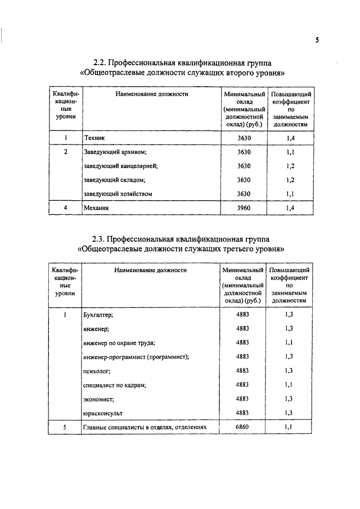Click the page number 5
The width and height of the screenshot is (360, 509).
(x=317, y=39)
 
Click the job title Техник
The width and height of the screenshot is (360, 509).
(x=94, y=138)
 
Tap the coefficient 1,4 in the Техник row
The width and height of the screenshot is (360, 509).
(x=290, y=138)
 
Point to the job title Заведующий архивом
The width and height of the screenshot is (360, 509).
(x=115, y=152)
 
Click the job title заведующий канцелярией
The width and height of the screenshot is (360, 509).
(x=120, y=166)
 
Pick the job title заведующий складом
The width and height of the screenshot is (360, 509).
(x=114, y=180)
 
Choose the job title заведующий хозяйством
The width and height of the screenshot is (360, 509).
(x=118, y=194)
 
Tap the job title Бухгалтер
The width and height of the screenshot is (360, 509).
(x=98, y=314)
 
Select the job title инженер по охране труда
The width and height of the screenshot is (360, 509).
(x=119, y=343)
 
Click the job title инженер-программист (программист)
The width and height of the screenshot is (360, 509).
(x=136, y=357)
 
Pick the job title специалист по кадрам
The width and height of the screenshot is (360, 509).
(x=114, y=385)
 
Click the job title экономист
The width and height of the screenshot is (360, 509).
(x=98, y=399)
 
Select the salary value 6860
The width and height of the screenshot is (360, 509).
(x=243, y=427)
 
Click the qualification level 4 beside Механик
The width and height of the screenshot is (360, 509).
(x=66, y=208)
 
